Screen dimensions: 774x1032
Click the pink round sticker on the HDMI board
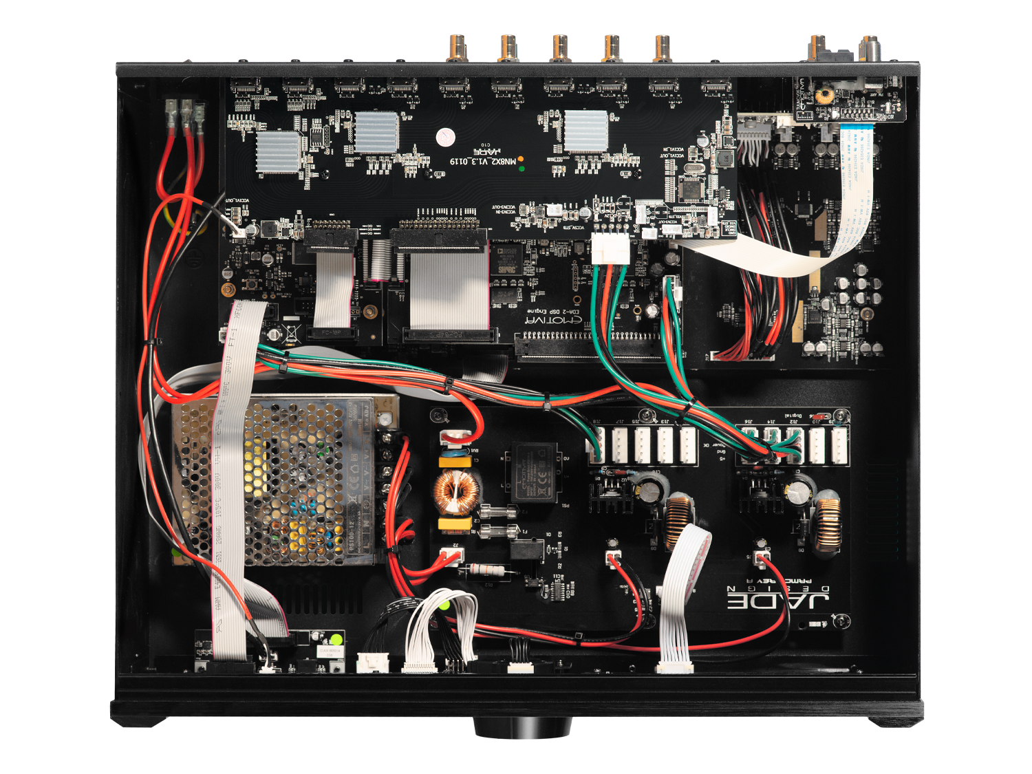coord(445,136)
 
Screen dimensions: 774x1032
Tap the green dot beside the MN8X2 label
coord(521,168)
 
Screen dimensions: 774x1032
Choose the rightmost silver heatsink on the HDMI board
coord(586,131)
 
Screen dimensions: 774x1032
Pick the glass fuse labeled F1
coord(497,531)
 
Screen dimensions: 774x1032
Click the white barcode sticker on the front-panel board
coord(328,651)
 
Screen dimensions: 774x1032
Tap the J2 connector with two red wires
coord(451,556)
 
